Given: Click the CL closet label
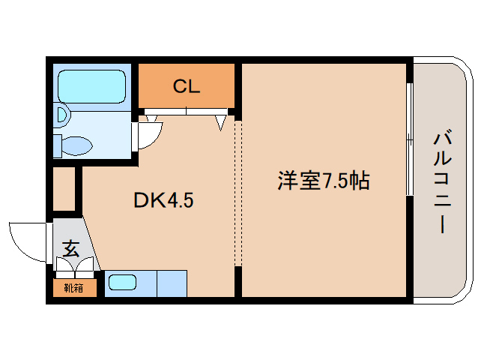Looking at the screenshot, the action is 187,86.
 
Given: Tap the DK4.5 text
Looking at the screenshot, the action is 163,200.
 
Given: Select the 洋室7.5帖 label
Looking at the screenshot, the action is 324,181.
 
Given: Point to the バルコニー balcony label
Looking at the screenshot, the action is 442,181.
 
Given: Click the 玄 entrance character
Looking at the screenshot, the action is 71,248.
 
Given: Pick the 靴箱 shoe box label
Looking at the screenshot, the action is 73,288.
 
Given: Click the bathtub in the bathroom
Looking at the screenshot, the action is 91,87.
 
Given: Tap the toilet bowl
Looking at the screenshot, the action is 77,145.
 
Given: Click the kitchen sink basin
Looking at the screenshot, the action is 122,283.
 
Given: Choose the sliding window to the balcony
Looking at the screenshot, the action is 410,139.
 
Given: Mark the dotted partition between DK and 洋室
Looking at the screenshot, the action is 238,193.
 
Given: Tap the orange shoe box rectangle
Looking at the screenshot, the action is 75,287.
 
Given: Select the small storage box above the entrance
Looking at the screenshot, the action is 64,189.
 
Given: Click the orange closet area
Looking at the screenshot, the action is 187,85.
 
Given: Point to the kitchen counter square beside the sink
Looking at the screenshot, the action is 172,283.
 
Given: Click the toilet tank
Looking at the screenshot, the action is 58,145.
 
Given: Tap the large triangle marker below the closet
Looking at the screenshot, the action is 221,123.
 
